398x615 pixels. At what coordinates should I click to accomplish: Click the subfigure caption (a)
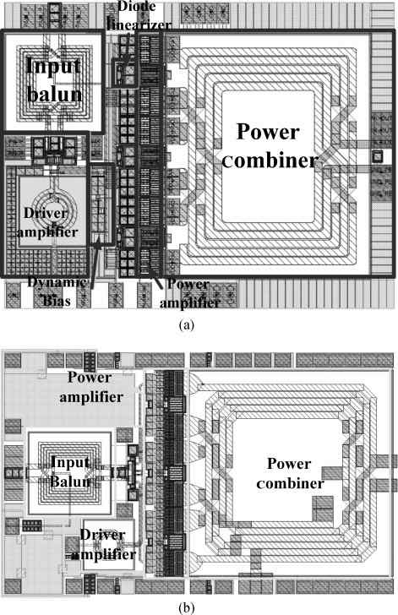pyautogui.click(x=186, y=325)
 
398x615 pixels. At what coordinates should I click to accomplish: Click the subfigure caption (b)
pyautogui.click(x=186, y=608)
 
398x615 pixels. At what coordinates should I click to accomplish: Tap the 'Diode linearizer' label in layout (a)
pyautogui.click(x=139, y=16)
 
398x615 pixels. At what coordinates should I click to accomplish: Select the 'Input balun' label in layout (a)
pyautogui.click(x=54, y=79)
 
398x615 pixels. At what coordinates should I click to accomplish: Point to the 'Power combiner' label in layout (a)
pyautogui.click(x=270, y=145)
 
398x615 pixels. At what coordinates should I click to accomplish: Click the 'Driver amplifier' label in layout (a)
pyautogui.click(x=46, y=222)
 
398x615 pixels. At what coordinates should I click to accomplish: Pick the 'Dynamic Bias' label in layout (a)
pyautogui.click(x=57, y=291)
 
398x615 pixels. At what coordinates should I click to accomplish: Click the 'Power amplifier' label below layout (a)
pyautogui.click(x=189, y=293)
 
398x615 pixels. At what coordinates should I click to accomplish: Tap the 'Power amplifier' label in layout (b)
pyautogui.click(x=91, y=387)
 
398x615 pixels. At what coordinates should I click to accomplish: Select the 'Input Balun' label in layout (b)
pyautogui.click(x=70, y=471)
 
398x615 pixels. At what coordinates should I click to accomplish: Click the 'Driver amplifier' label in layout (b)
pyautogui.click(x=104, y=544)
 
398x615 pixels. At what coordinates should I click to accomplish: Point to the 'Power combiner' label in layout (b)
pyautogui.click(x=290, y=473)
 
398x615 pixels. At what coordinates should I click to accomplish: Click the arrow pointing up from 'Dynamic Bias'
pyautogui.click(x=95, y=265)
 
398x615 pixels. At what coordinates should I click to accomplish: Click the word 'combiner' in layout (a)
pyautogui.click(x=270, y=160)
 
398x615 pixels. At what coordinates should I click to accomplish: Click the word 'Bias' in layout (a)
pyautogui.click(x=57, y=301)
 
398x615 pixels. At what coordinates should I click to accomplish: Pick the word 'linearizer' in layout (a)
pyautogui.click(x=139, y=24)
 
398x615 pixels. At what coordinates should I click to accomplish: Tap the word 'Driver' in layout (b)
pyautogui.click(x=103, y=535)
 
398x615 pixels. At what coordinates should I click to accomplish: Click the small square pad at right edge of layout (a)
pyautogui.click(x=377, y=156)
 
